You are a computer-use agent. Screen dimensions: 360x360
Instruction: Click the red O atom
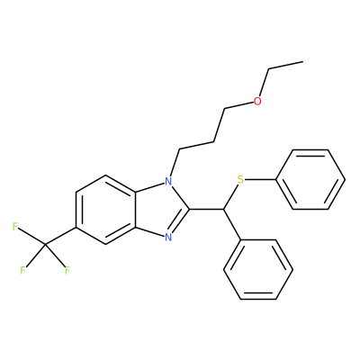pos(257,102)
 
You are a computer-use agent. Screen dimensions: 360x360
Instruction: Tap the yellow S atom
pos(240,180)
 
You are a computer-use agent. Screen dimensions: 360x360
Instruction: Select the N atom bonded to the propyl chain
pos(168,182)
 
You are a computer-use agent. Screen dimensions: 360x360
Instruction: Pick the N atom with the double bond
pos(168,238)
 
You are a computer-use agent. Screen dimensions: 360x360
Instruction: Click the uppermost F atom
pos(15,227)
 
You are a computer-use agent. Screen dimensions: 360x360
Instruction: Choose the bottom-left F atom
pos(22,270)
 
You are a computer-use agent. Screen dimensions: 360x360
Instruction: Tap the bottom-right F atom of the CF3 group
pos(67,270)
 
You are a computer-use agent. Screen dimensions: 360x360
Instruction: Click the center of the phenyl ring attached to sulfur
pos(310,179)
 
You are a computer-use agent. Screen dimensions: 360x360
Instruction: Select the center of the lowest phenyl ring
pos(258,269)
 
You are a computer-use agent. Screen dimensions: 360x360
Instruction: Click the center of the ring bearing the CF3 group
pos(105,210)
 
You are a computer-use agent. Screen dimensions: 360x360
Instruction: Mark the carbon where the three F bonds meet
pos(45,245)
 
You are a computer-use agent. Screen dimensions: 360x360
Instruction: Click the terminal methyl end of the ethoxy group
pos(303,62)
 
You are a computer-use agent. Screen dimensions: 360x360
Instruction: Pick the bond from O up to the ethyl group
pos(264,84)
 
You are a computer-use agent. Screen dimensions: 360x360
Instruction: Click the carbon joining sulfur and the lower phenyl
pos(223,209)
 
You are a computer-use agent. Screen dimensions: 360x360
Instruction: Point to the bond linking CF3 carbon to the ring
pos(60,236)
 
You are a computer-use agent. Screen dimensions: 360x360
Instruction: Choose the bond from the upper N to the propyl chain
pos(175,162)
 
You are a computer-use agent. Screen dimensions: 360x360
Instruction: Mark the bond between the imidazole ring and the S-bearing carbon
pos(206,209)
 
